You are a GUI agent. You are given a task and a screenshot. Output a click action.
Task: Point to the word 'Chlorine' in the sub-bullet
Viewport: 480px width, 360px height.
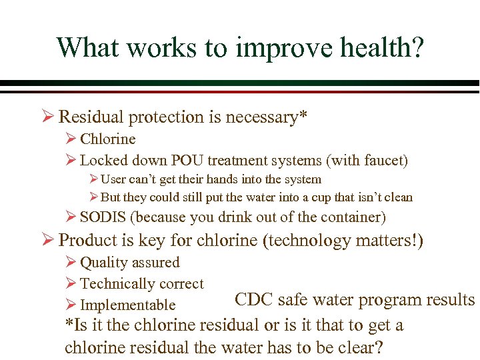[107, 139]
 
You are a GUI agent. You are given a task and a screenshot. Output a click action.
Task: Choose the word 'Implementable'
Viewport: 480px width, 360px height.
[127, 305]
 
